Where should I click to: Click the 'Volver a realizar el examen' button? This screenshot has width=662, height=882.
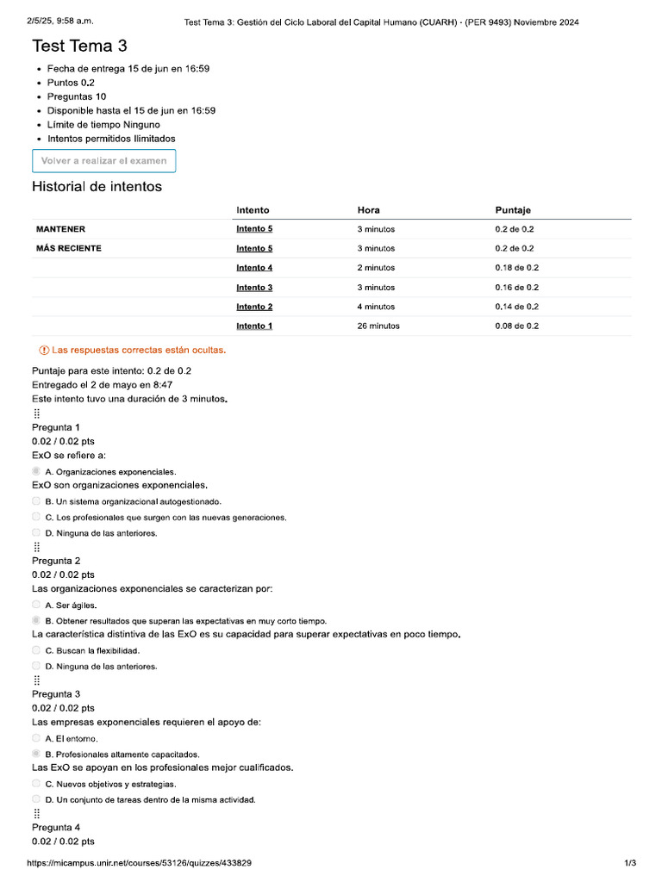pos(103,161)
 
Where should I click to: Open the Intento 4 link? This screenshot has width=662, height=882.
pos(254,268)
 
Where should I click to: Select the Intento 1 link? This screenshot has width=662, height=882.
pos(254,326)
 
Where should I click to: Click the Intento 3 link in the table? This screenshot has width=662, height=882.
pos(254,288)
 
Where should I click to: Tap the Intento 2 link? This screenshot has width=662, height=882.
pos(254,307)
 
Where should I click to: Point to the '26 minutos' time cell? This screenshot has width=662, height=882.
pos(378,326)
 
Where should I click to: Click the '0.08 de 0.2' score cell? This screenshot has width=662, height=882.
pos(516,326)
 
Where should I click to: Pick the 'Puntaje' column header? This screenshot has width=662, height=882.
pos(513,210)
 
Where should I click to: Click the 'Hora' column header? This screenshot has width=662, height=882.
pos(368,210)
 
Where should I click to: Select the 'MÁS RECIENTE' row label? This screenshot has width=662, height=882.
pos(69,248)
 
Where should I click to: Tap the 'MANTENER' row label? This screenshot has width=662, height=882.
pos(60,229)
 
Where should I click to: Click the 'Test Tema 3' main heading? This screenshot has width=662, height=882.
pos(79,46)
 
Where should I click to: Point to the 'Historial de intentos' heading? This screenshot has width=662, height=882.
pos(97,187)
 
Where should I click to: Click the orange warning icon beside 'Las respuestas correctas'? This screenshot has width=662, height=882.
pos(44,351)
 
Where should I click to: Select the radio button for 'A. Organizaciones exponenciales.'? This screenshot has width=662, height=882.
pos(36,471)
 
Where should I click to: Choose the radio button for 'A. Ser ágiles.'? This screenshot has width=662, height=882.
pos(36,605)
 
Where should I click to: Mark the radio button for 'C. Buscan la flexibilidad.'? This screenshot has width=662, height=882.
pos(36,650)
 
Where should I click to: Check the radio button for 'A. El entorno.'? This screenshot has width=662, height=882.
pos(36,738)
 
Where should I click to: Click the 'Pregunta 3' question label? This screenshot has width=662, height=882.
pos(56,693)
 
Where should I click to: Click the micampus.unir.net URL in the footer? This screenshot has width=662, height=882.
pos(140,862)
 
